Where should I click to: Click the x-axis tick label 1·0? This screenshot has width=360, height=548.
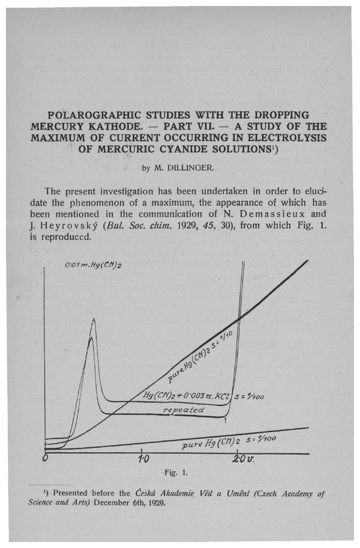pyautogui.click(x=143, y=459)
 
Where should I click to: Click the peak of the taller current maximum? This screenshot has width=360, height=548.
pyautogui.click(x=94, y=320)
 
